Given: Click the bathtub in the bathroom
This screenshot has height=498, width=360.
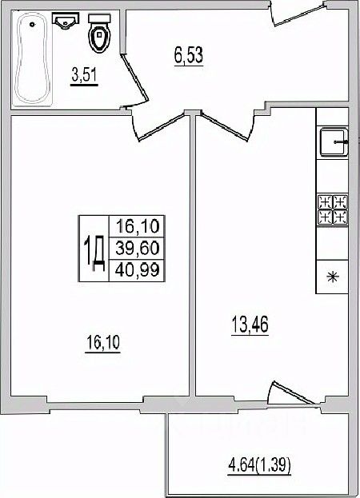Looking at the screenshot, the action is tap(33, 58).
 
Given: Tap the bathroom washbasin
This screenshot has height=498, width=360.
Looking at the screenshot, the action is tap(65, 21).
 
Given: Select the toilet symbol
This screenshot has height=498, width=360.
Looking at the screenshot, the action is tap(99, 33).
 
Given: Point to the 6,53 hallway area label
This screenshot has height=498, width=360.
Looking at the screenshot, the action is tap(189, 56).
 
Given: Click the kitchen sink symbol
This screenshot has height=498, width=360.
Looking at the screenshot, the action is tap(334, 141).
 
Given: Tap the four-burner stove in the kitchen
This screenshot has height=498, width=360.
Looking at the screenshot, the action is tap(333, 209).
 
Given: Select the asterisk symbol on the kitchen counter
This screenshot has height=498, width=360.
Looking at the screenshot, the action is tap(333, 277).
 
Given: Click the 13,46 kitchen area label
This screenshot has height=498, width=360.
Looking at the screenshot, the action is tap(250, 325).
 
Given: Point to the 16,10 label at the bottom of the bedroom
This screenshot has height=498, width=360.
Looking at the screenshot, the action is tap(103, 343).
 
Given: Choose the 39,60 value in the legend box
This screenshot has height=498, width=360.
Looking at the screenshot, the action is tap(137, 248).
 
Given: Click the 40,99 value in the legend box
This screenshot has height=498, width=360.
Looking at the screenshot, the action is tap(137, 270).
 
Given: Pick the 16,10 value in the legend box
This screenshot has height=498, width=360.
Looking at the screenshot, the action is tap(137, 226).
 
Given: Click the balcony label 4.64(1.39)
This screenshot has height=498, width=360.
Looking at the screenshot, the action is tap(259, 466).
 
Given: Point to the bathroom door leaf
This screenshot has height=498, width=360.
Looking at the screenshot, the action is tap(134, 78).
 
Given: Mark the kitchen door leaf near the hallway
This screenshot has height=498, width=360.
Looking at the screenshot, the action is tap(224, 127).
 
